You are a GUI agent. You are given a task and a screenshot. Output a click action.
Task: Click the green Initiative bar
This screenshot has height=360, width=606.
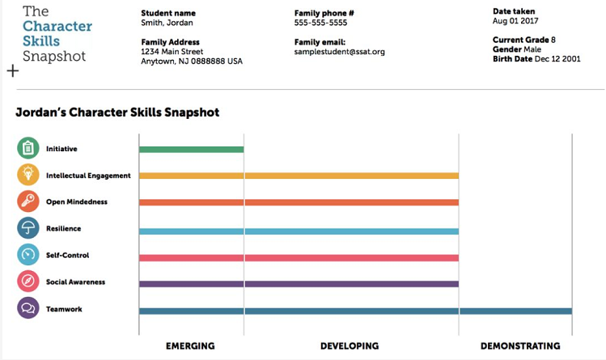(191, 150)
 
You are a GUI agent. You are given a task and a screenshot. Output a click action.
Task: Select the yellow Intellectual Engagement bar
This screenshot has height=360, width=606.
(299, 176)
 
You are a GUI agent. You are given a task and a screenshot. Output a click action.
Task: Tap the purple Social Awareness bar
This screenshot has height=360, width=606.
(299, 284)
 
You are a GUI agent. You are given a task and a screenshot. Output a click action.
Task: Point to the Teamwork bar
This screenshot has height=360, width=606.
(355, 311)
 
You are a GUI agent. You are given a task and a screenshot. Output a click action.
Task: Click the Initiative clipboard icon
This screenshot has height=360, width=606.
(28, 149)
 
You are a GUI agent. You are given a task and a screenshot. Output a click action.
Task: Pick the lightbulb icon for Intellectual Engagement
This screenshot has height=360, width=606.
(28, 175)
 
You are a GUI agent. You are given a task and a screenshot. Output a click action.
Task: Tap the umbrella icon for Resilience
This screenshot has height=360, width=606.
(28, 228)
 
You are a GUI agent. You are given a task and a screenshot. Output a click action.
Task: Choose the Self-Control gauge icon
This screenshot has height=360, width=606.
(28, 255)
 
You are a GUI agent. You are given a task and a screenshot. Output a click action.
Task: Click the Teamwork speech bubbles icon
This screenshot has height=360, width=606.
(28, 308)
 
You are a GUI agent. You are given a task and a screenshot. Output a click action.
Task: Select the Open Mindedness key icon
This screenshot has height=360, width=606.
(28, 201)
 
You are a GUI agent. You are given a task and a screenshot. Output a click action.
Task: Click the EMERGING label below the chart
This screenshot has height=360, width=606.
(190, 346)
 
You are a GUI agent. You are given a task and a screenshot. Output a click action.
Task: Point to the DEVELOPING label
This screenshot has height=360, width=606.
(349, 346)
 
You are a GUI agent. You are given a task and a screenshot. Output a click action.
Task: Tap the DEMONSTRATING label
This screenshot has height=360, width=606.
(520, 346)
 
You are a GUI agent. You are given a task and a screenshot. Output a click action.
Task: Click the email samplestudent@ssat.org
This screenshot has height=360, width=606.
(339, 52)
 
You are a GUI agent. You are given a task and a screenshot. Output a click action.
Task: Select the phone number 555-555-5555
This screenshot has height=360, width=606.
(320, 23)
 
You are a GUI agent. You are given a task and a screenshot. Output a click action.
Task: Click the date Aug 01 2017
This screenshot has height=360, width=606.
(515, 21)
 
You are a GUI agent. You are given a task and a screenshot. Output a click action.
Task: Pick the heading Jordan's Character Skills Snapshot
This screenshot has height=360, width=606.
(117, 112)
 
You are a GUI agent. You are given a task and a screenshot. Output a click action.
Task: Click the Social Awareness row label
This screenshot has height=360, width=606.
(76, 282)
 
